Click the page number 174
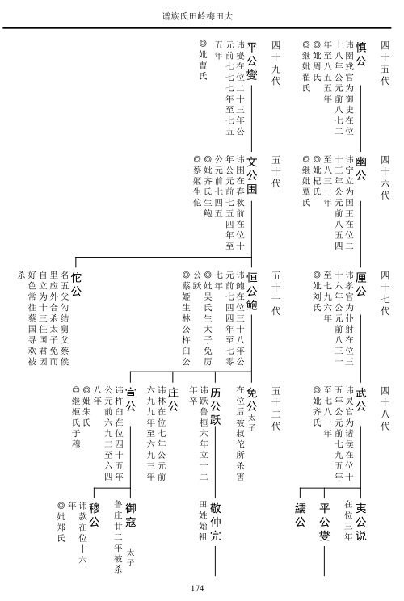pyautogui.click(x=197, y=588)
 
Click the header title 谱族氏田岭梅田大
pyautogui.click(x=197, y=16)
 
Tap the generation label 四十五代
pyautogui.click(x=385, y=63)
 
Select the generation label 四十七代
pyautogui.click(x=385, y=293)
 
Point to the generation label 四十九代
pyautogui.click(x=276, y=63)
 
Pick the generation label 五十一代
pyautogui.click(x=276, y=293)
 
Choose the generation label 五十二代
pyautogui.click(x=276, y=409)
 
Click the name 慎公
pyautogui.click(x=360, y=54)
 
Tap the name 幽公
pyautogui.click(x=360, y=169)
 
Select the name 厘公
pyautogui.click(x=360, y=284)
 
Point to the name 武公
pyautogui.click(x=360, y=399)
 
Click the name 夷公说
pyautogui.click(x=360, y=521)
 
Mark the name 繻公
pyautogui.click(x=300, y=515)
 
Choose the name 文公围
pyautogui.click(x=251, y=175)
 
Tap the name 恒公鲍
pyautogui.click(x=251, y=291)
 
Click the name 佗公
pyautogui.click(x=76, y=284)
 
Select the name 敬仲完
pyautogui.click(x=215, y=521)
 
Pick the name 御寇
pyautogui.click(x=130, y=515)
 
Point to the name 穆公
pyautogui.click(x=94, y=515)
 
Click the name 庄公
pyautogui.click(x=173, y=399)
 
